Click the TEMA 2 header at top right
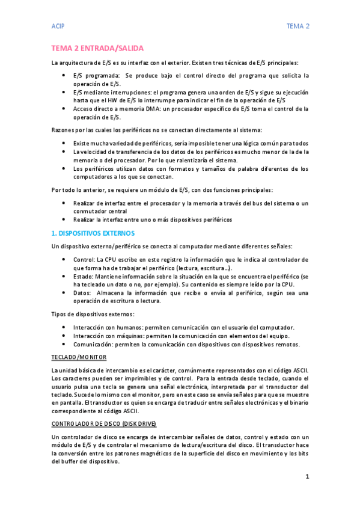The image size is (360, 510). (x=297, y=26)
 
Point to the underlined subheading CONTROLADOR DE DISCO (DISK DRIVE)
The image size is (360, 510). (x=104, y=423)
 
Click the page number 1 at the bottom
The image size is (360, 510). (x=307, y=476)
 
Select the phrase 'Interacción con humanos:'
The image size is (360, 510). (x=109, y=327)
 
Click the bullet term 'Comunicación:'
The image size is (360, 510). (x=96, y=344)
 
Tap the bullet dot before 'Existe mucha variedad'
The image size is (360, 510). (x=65, y=143)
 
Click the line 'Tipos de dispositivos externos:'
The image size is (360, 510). (x=93, y=314)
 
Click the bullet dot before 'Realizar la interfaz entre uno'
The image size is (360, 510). (x=65, y=220)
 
